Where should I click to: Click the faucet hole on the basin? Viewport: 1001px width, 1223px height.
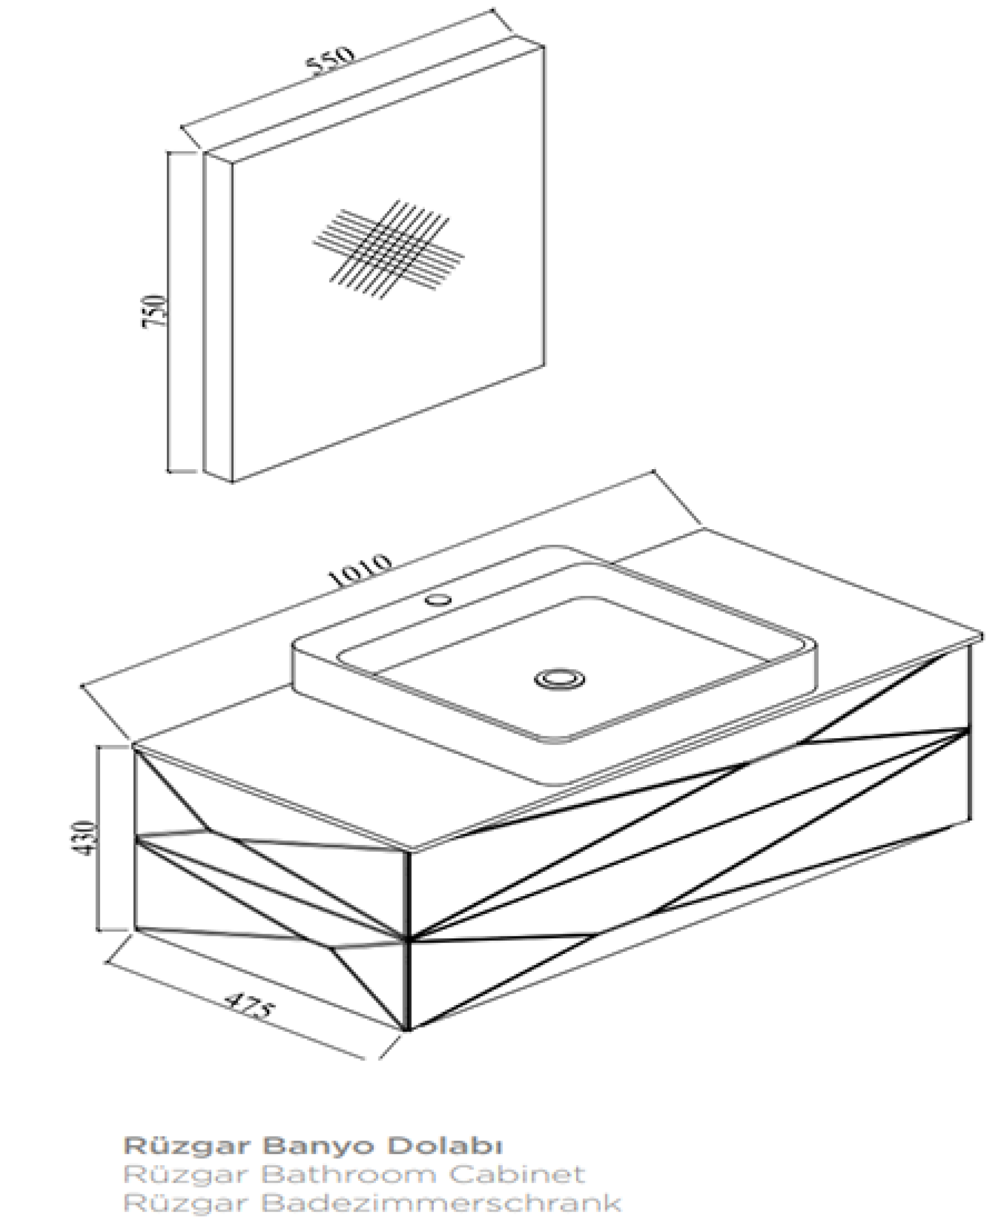(438, 600)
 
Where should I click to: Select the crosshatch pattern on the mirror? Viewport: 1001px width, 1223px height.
(388, 249)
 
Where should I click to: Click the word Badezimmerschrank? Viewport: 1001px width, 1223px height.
(441, 1203)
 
